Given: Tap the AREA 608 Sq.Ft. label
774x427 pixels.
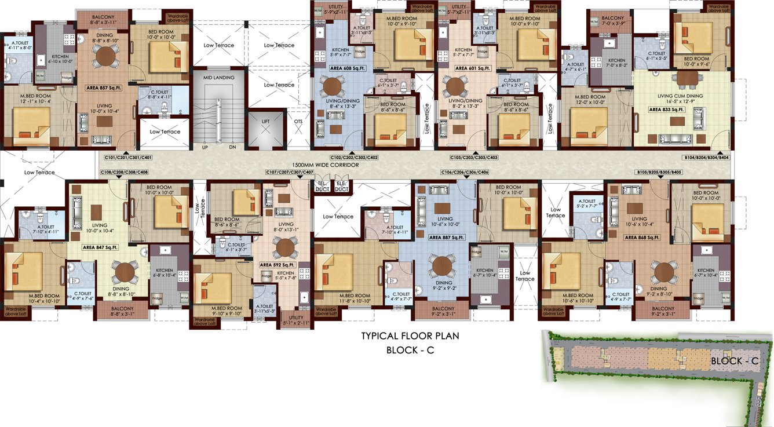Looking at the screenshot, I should pyautogui.click(x=345, y=68).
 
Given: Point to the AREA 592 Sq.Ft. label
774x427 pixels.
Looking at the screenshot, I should pyautogui.click(x=278, y=265).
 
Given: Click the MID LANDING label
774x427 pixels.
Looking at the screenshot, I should pyautogui.click(x=219, y=77).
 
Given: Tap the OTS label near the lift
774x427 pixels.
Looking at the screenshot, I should pyautogui.click(x=298, y=122).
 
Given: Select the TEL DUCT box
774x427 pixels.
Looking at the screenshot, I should pyautogui.click(x=322, y=186).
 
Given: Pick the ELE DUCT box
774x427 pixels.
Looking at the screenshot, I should pyautogui.click(x=342, y=186).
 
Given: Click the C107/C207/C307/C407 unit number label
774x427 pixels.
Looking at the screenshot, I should pyautogui.click(x=289, y=172).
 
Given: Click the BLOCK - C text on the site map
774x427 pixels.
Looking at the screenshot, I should pyautogui.click(x=734, y=361).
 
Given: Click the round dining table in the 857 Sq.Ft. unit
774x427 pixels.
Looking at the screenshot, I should pyautogui.click(x=105, y=57).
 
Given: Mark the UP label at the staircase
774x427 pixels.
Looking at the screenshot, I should pyautogui.click(x=205, y=147).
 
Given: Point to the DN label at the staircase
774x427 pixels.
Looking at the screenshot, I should pyautogui.click(x=233, y=147).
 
